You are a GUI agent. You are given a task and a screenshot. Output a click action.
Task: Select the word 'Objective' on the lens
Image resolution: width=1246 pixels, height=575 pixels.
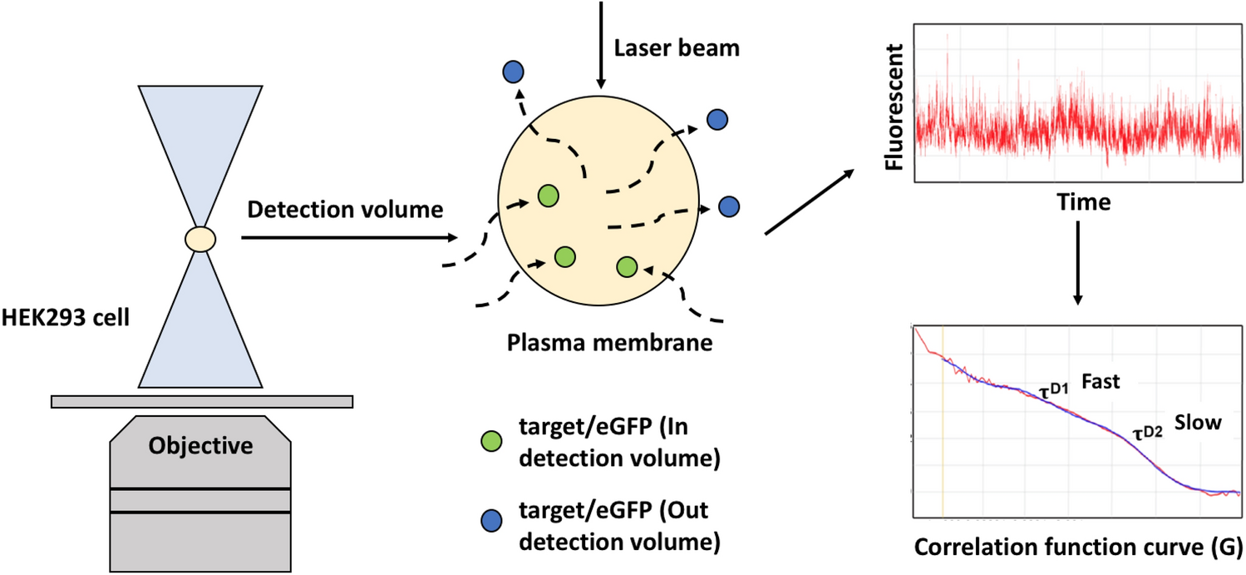pyautogui.click(x=200, y=446)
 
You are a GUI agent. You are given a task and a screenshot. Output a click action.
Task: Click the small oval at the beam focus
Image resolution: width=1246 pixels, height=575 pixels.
pyautogui.click(x=200, y=240)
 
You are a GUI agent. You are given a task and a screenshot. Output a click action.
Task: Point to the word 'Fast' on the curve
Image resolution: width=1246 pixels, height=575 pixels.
pyautogui.click(x=1101, y=382)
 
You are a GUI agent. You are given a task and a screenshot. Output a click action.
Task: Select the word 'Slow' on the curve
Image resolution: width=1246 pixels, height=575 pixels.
pyautogui.click(x=1198, y=423)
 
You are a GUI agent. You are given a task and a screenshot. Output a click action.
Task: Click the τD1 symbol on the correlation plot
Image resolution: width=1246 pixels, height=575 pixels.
pyautogui.click(x=1054, y=387)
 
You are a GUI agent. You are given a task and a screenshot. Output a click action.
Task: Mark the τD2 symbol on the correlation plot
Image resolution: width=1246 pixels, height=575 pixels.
pyautogui.click(x=1147, y=430)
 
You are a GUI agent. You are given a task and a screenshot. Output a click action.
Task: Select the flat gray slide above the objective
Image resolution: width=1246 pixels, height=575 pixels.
pyautogui.click(x=200, y=402)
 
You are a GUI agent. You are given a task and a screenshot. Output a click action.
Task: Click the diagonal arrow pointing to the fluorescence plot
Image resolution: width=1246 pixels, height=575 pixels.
pyautogui.click(x=807, y=201)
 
